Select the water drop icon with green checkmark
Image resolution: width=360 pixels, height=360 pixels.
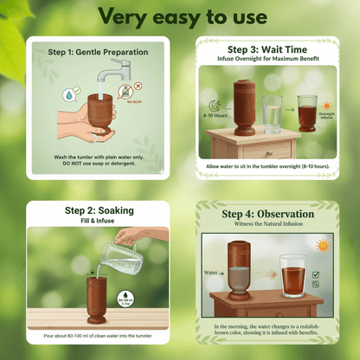coord(68,96)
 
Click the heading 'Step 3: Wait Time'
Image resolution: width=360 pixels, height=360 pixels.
coord(265,48)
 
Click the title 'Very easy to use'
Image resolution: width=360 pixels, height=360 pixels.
coord(180,16)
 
